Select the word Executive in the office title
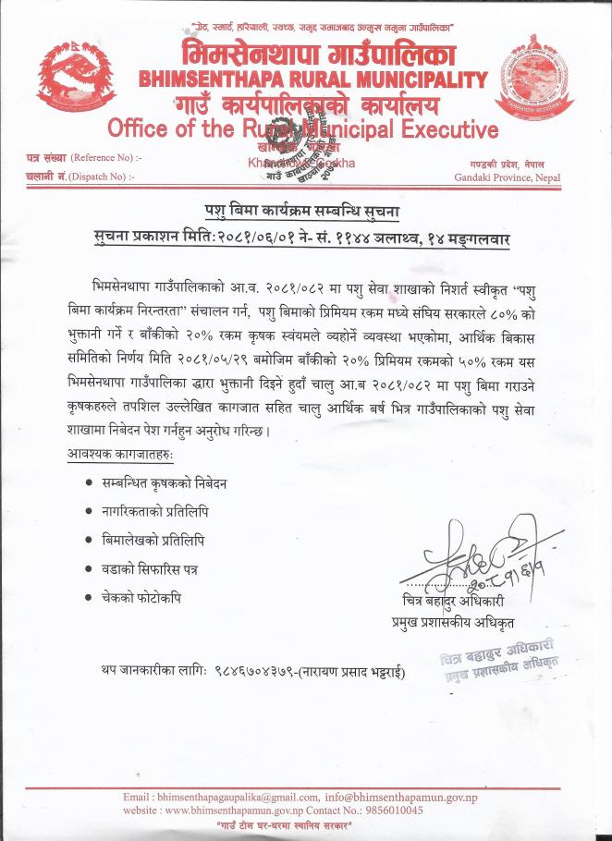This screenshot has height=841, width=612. point(438,128)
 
